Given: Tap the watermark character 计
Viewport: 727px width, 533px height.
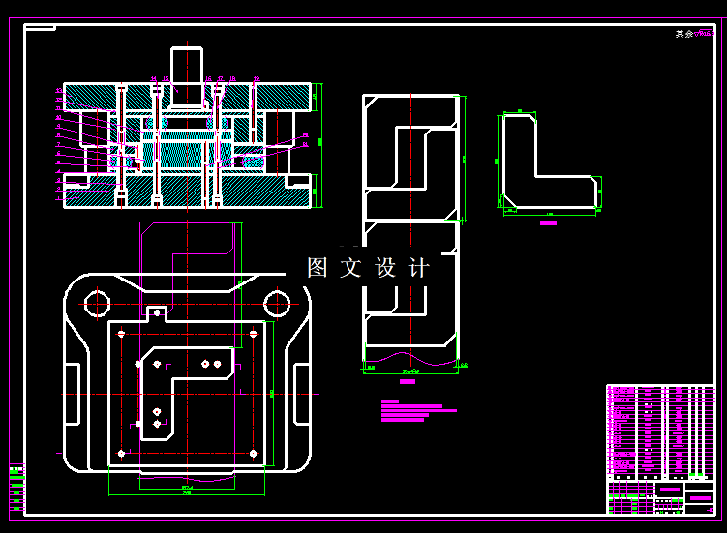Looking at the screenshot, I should [418, 268].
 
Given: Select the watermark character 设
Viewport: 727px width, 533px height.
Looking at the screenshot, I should [385, 268].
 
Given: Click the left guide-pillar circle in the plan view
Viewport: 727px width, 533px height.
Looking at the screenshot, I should [97, 303].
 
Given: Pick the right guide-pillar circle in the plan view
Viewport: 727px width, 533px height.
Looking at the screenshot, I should [277, 303].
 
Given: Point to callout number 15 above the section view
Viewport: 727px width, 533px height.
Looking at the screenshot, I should [167, 78].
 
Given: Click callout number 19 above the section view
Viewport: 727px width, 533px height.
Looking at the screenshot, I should [257, 78].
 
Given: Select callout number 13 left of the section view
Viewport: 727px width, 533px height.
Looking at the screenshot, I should [59, 91].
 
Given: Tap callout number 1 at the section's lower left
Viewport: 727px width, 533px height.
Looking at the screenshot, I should [59, 199].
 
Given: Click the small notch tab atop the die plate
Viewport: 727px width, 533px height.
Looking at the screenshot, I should [156, 312].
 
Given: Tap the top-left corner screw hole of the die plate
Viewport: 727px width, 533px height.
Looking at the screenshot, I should [120, 334].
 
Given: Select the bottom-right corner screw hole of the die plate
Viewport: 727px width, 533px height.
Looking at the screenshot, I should [254, 453].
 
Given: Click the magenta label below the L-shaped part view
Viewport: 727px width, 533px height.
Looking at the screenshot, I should [548, 222].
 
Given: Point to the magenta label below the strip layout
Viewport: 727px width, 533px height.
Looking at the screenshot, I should [408, 382].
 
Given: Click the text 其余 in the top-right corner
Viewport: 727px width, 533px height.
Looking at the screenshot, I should [684, 34].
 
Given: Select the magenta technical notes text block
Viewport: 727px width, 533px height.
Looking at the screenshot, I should [411, 411].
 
